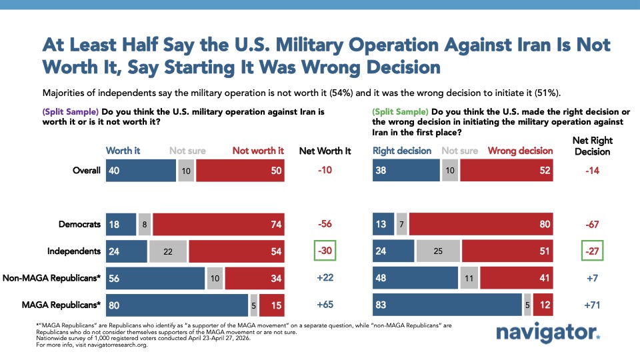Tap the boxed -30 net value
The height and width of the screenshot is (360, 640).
pyautogui.click(x=325, y=251)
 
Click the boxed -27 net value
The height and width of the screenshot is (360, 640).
pyautogui.click(x=591, y=251)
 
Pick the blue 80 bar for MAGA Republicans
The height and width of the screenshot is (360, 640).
pyautogui.click(x=177, y=305)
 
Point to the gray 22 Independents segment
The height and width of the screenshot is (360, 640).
pyautogui.click(x=167, y=251)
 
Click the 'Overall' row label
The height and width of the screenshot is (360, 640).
pyautogui.click(x=87, y=170)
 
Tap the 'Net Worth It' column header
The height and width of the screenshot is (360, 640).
pyautogui.click(x=325, y=151)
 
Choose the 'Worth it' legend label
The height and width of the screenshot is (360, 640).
pyautogui.click(x=123, y=151)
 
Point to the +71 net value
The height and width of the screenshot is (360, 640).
pyautogui.click(x=591, y=305)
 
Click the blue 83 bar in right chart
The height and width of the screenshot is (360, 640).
pyautogui.click(x=447, y=305)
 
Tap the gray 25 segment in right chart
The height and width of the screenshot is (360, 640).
pyautogui.click(x=437, y=251)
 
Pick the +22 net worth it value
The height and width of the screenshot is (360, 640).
pyautogui.click(x=325, y=279)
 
